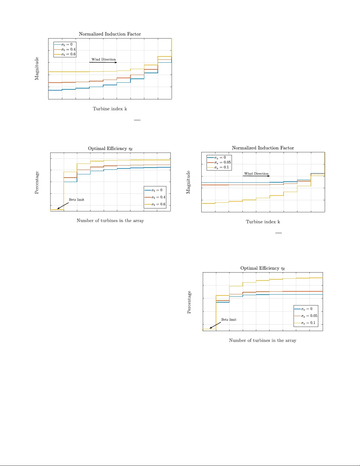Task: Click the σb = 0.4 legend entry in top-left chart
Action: pos(65,49)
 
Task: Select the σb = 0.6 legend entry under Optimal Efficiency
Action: pos(155,204)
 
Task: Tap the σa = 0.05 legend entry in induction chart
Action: pos(219,162)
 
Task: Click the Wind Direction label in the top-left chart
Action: pos(103,59)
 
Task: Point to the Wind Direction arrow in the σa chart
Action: pos(256,176)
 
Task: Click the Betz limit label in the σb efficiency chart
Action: pos(76,200)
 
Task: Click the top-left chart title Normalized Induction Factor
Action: pos(110,34)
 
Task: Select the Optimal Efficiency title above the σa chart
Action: pos(262,268)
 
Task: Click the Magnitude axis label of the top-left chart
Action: pos(37,69)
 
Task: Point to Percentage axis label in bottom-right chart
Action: pos(189,302)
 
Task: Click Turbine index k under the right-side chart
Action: pos(263,222)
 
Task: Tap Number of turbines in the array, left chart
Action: pos(110,221)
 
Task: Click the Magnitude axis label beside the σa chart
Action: pos(188,182)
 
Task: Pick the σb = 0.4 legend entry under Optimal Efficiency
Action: pos(155,197)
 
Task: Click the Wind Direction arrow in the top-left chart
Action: pos(103,62)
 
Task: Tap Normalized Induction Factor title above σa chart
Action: pos(263,148)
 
